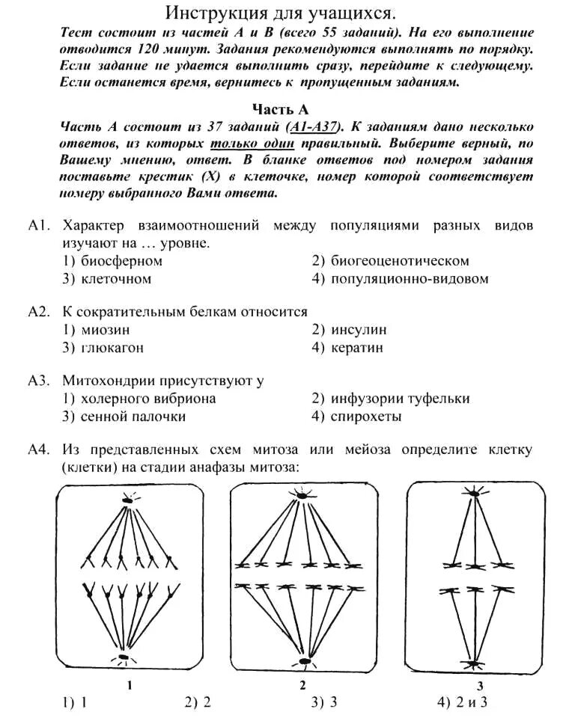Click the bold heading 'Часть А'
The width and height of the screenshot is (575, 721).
280,109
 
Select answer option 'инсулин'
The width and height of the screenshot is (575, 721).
359,330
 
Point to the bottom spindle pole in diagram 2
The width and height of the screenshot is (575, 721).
303,661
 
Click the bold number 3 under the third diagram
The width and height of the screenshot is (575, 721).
479,685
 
